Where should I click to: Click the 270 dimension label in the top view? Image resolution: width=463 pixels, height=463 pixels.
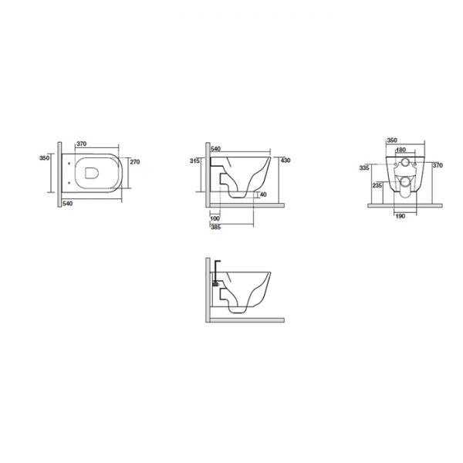click(x=134, y=162)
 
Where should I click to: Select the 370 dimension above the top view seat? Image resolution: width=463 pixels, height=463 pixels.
click(x=82, y=144)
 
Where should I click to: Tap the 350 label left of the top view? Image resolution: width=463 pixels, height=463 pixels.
click(x=44, y=158)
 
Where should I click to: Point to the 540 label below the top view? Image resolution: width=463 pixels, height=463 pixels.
click(x=68, y=204)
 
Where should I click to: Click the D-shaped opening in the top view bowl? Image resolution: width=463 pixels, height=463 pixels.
click(x=92, y=173)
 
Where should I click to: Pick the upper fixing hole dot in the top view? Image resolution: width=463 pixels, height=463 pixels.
click(x=69, y=163)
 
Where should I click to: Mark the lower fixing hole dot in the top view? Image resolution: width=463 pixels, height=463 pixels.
click(x=69, y=183)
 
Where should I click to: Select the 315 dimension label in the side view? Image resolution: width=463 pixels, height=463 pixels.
click(x=194, y=161)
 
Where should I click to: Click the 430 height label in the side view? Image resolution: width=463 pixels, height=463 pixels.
click(x=286, y=161)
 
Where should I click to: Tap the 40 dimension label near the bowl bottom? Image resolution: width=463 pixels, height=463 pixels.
click(x=263, y=194)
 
